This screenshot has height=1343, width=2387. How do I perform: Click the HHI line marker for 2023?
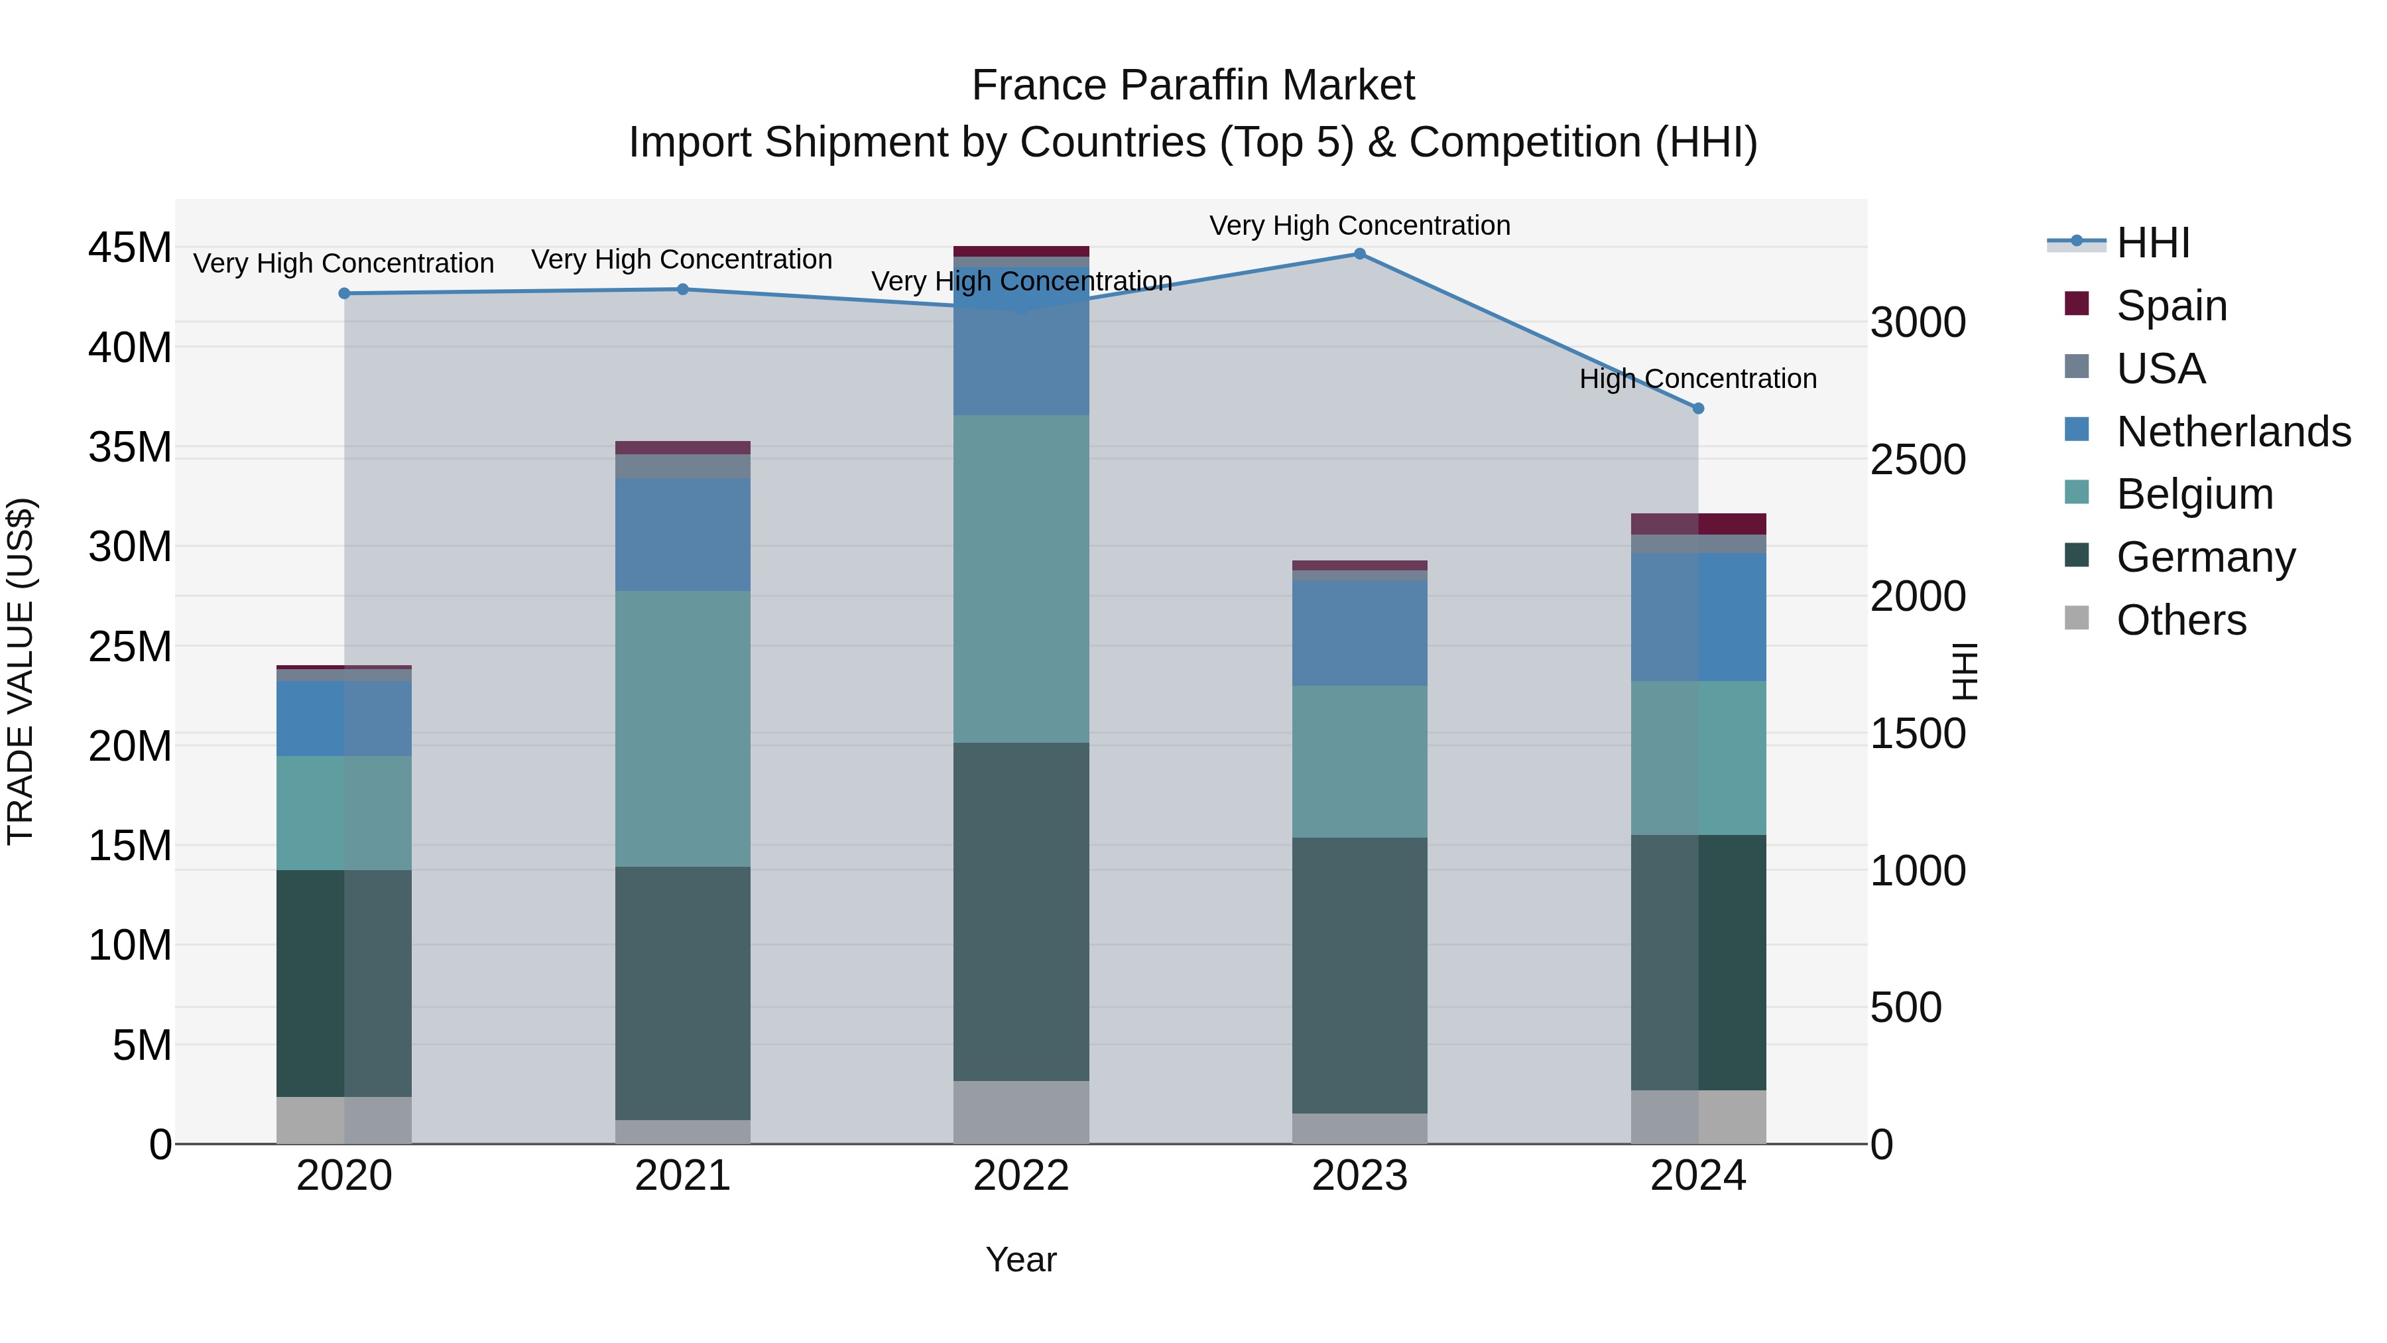click(x=1359, y=254)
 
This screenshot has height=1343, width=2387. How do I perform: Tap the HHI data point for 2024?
click(x=1697, y=409)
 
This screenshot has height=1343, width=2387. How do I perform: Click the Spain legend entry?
click(x=2171, y=306)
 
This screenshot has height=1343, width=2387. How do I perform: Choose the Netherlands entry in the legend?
click(x=2233, y=432)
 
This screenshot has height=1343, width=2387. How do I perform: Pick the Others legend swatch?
click(x=2077, y=618)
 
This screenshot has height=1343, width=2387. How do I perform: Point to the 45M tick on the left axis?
click(x=130, y=249)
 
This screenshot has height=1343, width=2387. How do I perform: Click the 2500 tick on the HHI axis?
click(x=1917, y=460)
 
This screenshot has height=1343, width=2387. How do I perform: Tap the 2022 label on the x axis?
click(x=1021, y=1176)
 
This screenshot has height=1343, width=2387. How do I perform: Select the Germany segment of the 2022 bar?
click(x=1021, y=911)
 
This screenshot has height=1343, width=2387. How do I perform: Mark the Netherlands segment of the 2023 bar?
click(x=1359, y=633)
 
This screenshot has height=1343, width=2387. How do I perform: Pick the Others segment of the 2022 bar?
click(x=1021, y=1112)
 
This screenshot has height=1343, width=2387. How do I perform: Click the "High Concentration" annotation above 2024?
click(x=1697, y=379)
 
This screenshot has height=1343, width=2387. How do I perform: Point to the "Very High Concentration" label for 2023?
click(x=1359, y=226)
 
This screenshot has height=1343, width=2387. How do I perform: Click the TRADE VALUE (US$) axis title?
click(x=21, y=671)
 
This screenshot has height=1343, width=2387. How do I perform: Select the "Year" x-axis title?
click(x=1021, y=1259)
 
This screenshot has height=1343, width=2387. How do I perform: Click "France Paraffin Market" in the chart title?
click(x=1193, y=86)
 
